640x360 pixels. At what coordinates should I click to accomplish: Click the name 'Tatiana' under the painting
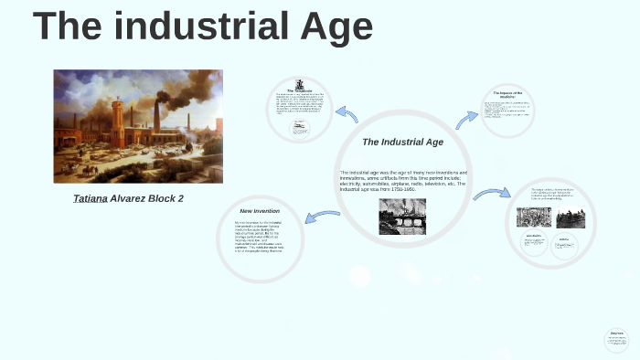[x=90, y=198]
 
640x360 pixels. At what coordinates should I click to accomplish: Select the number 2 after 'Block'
[x=180, y=198]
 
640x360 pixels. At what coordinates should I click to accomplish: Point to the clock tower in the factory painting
[x=117, y=114]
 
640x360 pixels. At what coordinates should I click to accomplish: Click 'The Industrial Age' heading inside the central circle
[x=402, y=143]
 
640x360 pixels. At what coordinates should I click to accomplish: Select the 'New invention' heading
[x=260, y=211]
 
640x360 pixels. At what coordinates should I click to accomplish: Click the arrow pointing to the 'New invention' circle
[x=323, y=216]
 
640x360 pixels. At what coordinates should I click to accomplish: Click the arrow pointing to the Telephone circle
[x=347, y=115]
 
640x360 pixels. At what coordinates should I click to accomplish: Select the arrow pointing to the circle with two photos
[x=491, y=194]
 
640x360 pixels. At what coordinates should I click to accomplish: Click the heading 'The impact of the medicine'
[x=506, y=95]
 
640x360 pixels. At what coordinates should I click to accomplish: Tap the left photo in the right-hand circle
[x=534, y=217]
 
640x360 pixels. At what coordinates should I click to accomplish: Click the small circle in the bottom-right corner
[x=617, y=339]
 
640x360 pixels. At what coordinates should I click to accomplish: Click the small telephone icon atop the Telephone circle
[x=300, y=84]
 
